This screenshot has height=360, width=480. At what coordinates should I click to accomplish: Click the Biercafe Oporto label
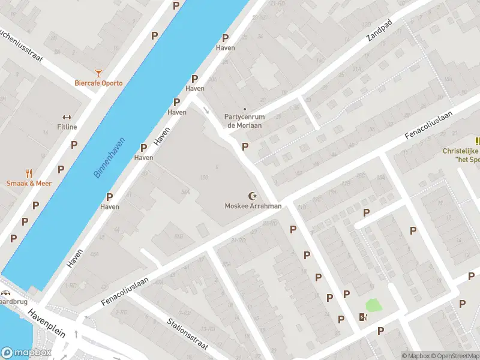pos(98,83)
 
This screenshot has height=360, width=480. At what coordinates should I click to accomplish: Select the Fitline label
pos(67,127)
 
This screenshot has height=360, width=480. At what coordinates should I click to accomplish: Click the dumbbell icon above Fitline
pos(67,117)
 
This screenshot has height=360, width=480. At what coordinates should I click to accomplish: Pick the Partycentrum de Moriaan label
pos(244,121)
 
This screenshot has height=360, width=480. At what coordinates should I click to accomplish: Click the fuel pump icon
pos(362,317)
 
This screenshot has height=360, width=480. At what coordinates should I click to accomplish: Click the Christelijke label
pos(461,151)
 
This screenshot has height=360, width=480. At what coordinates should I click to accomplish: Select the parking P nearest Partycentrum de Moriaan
pos(245,146)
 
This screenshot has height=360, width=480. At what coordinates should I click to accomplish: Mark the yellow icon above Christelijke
pos(477,141)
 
